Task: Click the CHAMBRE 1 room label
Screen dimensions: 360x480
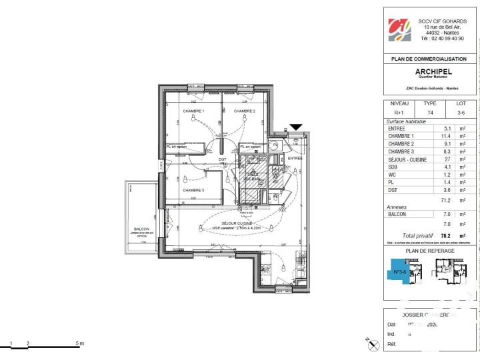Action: tap(193, 111)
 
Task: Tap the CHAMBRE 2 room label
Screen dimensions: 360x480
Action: tap(245, 111)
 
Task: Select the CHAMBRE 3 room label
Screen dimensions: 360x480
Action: tap(193, 190)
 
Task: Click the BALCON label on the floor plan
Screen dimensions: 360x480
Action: tap(141, 228)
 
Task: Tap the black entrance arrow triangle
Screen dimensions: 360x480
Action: tap(295, 127)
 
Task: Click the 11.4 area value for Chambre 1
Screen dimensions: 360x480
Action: tap(447, 136)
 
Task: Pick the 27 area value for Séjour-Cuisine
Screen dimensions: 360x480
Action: tap(447, 159)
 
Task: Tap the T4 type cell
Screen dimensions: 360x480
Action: tap(430, 113)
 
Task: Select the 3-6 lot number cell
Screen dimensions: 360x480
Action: tap(461, 113)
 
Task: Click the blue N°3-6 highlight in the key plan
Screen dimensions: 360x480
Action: tap(400, 272)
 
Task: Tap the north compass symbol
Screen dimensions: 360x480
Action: tap(371, 341)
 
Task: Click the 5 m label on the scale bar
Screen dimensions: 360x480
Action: tap(80, 343)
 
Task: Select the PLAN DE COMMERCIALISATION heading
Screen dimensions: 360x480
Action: tap(431, 59)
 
